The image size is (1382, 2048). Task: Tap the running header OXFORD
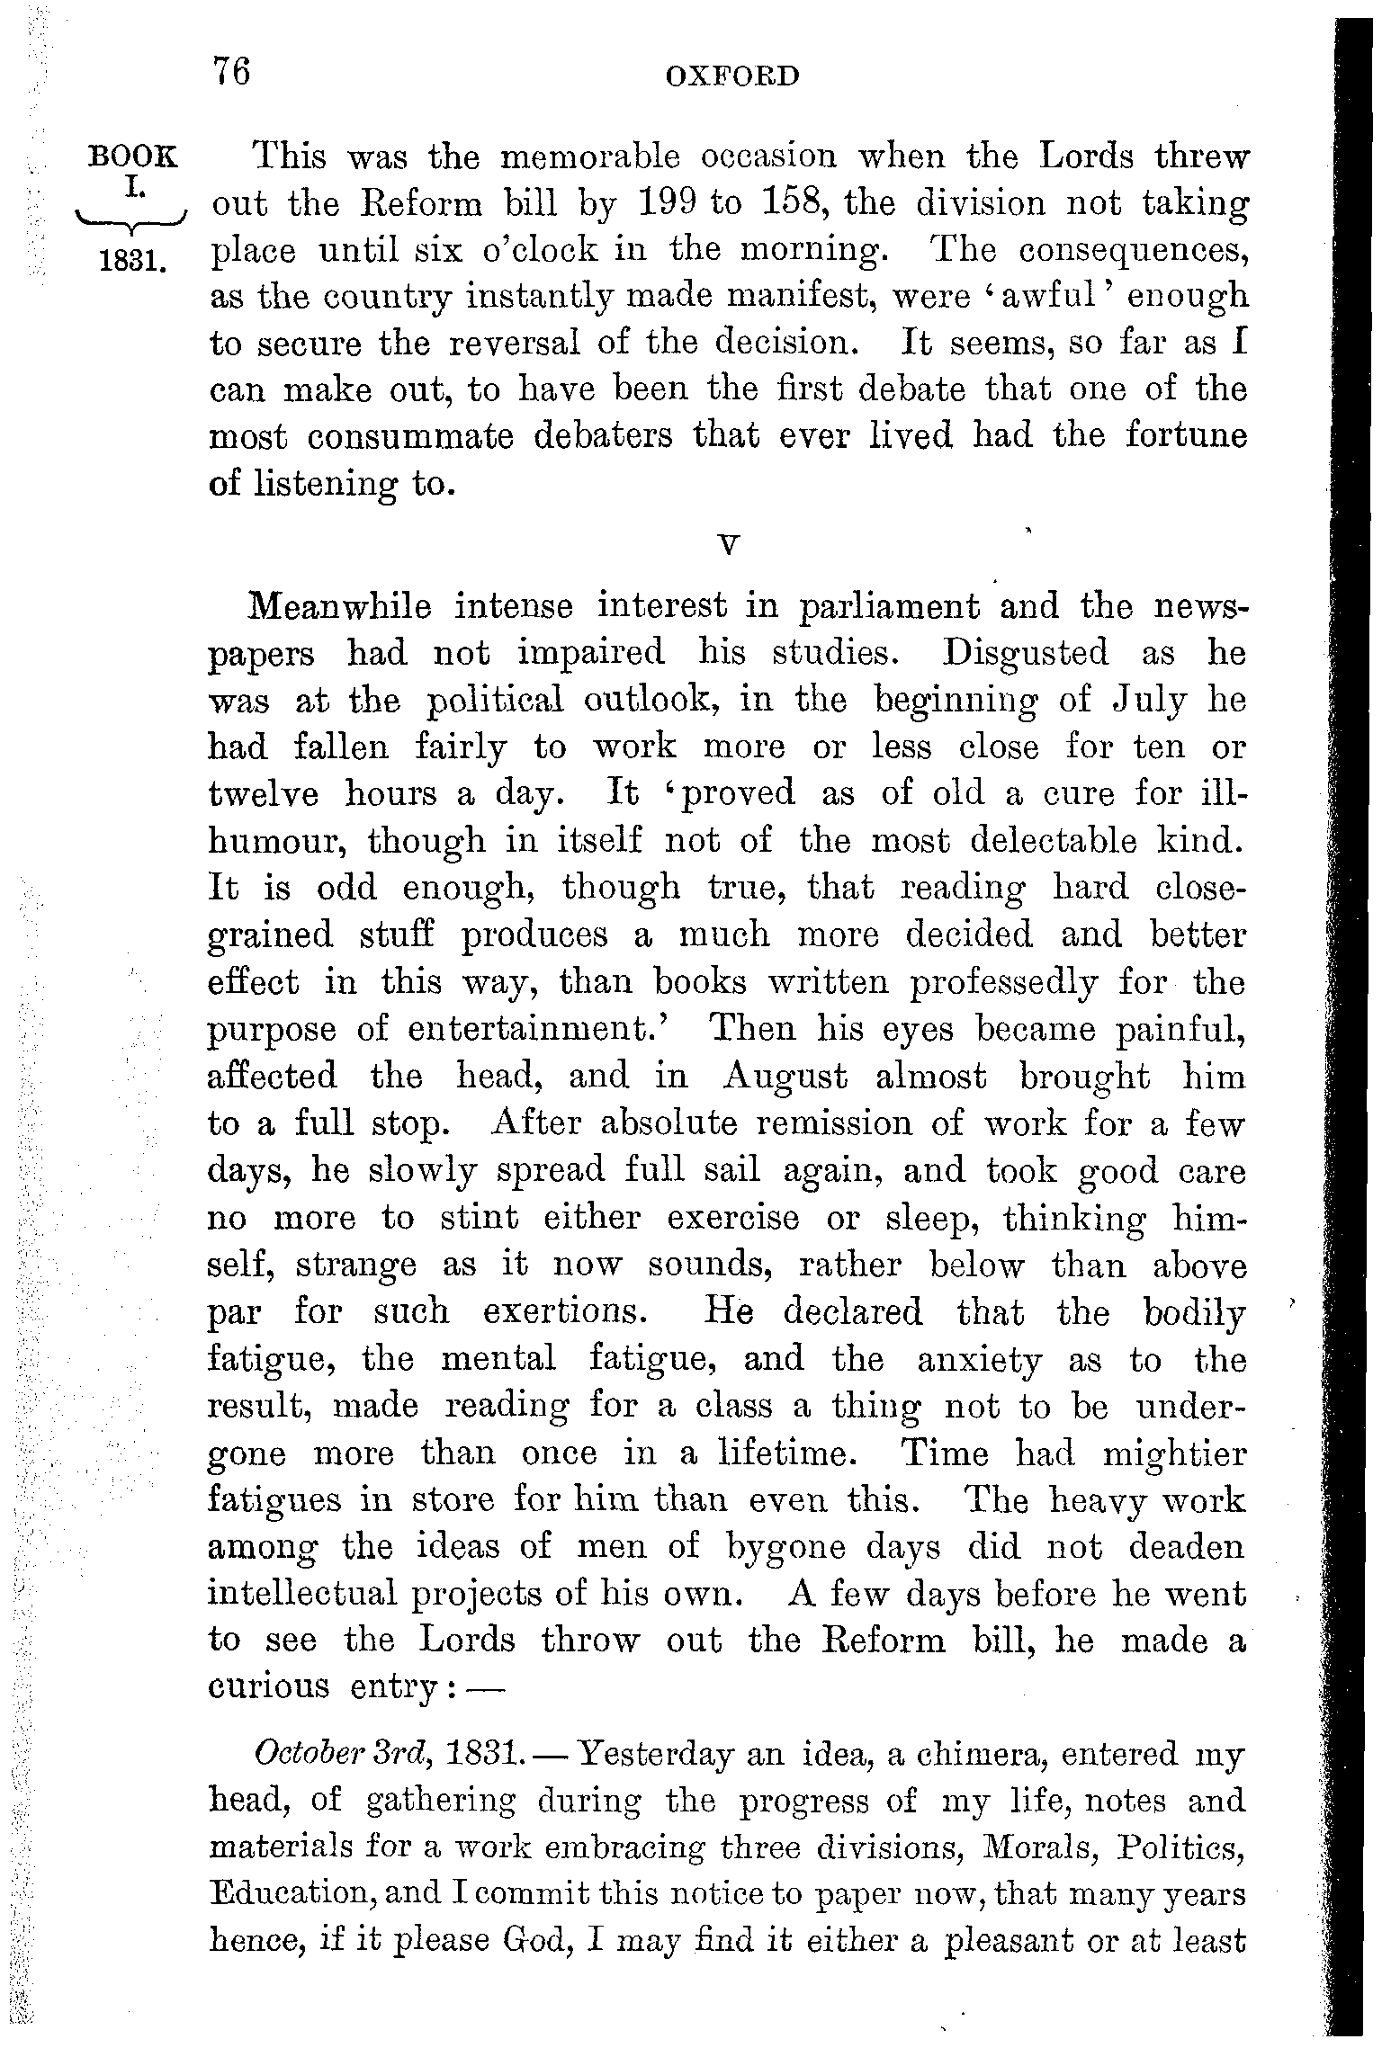(x=731, y=76)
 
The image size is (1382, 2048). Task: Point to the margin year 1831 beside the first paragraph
(x=131, y=262)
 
